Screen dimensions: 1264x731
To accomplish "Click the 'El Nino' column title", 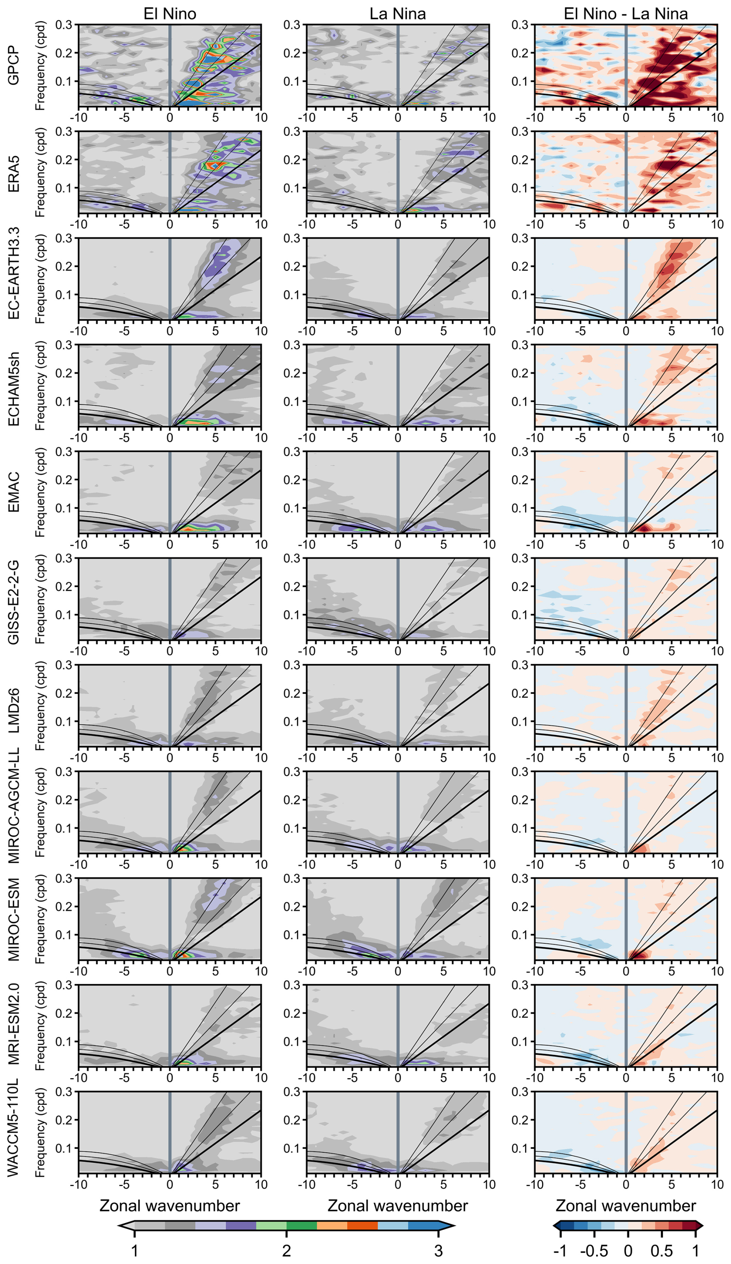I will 170,14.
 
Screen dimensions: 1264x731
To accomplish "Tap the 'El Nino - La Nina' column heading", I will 625,14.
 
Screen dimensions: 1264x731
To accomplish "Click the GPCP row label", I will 14,66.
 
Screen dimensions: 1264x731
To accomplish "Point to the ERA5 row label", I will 14,173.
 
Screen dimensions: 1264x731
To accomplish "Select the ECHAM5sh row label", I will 14,389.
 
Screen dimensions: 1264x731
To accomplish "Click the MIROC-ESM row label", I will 14,919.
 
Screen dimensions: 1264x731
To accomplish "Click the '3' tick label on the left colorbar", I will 438,1251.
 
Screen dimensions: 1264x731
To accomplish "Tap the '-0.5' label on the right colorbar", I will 593,1251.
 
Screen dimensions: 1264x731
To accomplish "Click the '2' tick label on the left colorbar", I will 286,1251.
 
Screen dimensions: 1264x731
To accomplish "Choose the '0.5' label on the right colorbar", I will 661,1251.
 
